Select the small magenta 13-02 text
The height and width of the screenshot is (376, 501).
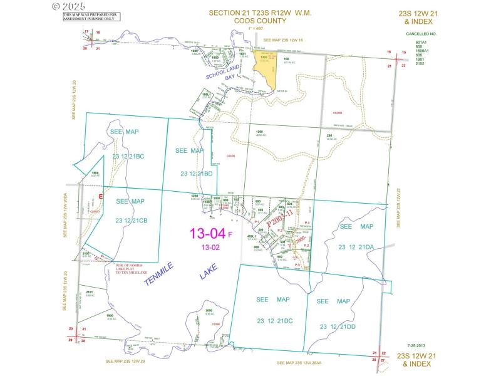coord(210,248)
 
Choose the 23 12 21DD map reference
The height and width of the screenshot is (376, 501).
coord(338,326)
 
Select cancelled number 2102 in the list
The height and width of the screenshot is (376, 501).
coord(420,63)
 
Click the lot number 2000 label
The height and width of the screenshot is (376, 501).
coord(209,311)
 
